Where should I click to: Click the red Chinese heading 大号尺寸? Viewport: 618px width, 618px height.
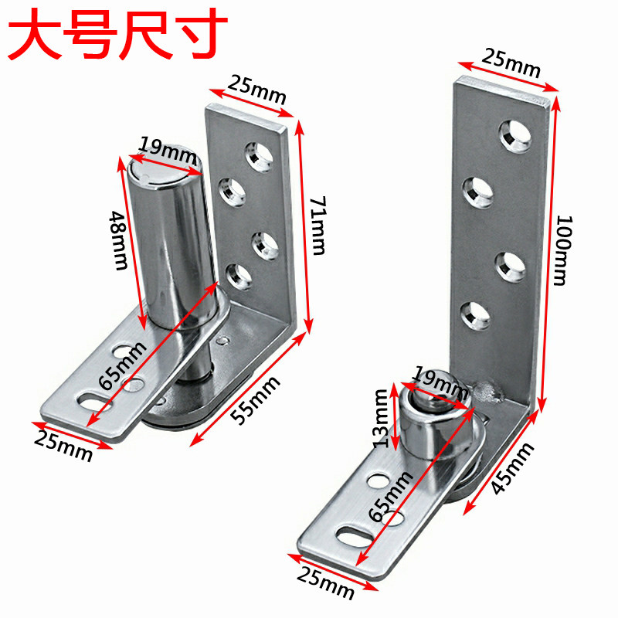(x=117, y=35)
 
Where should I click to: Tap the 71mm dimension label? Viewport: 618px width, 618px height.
(x=318, y=226)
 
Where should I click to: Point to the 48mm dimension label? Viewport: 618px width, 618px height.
(x=118, y=240)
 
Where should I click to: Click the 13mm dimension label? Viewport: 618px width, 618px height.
(x=381, y=419)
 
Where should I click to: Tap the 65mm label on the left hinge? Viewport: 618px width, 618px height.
(x=122, y=365)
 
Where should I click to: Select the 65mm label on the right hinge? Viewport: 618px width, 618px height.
(x=391, y=495)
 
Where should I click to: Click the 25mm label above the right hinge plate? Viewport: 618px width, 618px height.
(x=511, y=63)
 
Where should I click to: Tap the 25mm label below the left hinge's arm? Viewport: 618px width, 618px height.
(x=63, y=447)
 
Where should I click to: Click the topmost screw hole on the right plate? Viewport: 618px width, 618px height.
(x=515, y=136)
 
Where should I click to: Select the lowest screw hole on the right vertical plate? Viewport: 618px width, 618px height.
(x=476, y=315)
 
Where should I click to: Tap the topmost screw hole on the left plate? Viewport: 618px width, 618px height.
(x=259, y=158)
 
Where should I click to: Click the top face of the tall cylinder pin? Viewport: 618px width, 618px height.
(x=165, y=170)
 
